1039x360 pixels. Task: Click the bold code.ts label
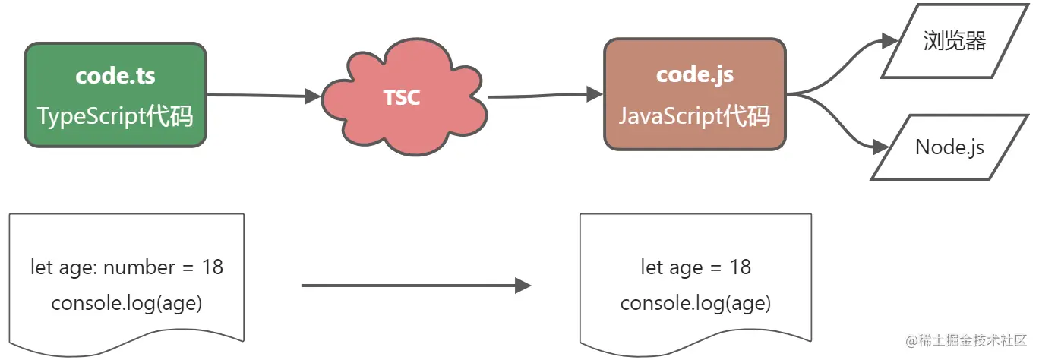point(115,77)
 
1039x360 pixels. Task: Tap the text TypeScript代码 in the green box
point(115,116)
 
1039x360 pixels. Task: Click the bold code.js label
point(695,75)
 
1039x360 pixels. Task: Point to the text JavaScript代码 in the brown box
point(695,116)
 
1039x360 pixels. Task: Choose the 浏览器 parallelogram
point(955,42)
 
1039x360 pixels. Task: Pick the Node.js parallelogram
point(949,147)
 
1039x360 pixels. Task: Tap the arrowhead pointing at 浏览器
point(889,42)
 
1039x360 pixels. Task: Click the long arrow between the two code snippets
point(415,286)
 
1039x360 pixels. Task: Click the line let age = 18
point(696,267)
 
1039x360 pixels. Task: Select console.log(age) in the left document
point(127,303)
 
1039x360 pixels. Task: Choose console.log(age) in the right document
point(696,303)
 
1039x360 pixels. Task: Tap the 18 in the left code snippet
point(213,267)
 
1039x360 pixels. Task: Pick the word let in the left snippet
point(42,267)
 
